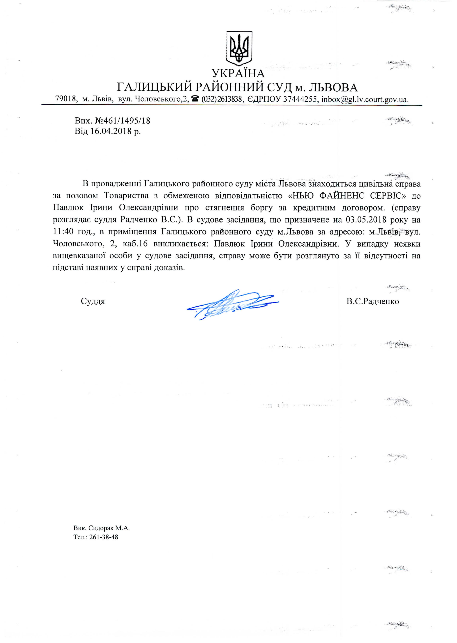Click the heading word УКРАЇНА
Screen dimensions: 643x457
[238, 74]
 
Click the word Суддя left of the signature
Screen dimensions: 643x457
[93, 301]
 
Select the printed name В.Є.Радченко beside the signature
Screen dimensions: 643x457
[373, 301]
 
